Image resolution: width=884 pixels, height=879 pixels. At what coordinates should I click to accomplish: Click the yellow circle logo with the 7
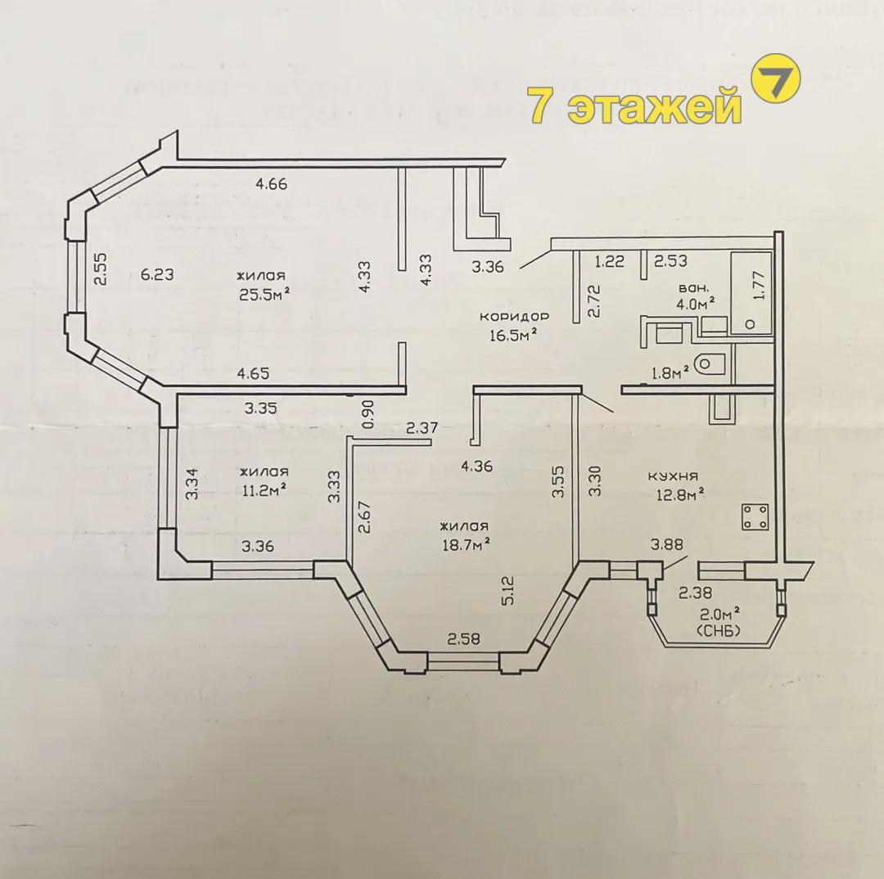coord(777,78)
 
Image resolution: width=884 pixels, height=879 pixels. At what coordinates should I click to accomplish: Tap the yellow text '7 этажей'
coord(633,105)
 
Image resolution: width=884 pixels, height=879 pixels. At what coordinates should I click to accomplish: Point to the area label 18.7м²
coord(465,544)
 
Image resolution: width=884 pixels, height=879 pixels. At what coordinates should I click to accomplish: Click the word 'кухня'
coord(673,476)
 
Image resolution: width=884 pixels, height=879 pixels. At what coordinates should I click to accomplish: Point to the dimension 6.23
coord(157,274)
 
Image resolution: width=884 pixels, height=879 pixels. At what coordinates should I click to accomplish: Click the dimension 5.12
coord(509,590)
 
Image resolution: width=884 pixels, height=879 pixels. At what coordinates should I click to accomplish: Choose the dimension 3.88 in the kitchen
coord(667,544)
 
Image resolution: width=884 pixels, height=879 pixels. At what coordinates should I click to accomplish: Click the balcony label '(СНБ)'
coord(719,631)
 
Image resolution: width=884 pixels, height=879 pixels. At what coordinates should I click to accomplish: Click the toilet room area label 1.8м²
coord(671,372)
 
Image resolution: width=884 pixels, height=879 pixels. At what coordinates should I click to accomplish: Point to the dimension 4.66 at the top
coord(272,183)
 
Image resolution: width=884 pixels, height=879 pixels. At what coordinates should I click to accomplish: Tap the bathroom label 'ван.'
coord(693,288)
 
